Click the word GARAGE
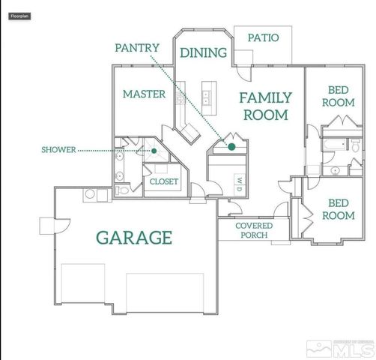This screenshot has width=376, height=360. (134, 238)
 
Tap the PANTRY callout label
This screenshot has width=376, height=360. (137, 48)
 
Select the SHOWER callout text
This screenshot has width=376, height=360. (58, 150)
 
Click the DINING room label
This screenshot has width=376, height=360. (203, 52)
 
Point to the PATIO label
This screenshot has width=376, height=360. (263, 37)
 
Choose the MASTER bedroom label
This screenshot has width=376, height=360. (144, 94)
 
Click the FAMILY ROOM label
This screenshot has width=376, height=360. (264, 106)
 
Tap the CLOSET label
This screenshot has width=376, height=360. (164, 181)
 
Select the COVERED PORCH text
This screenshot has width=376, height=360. (254, 230)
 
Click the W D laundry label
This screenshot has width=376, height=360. (239, 182)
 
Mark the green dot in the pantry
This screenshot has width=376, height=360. (232, 146)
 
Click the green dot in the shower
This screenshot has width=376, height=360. (154, 150)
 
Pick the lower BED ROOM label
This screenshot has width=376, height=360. (338, 208)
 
